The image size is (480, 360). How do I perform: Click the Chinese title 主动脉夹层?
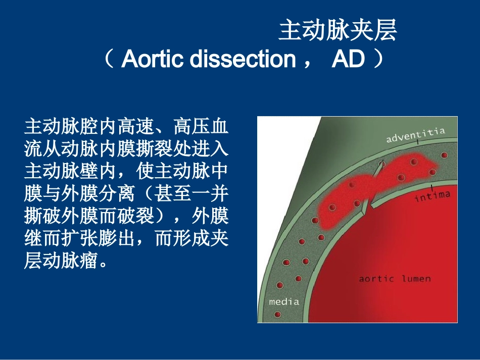(x=338, y=31)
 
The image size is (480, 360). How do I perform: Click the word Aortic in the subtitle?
(x=153, y=60)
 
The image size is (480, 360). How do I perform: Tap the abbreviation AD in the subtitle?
(x=348, y=60)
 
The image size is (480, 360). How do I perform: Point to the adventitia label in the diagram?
(x=415, y=135)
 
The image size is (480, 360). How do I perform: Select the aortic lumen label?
(x=395, y=279)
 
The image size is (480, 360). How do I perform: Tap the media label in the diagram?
(x=284, y=301)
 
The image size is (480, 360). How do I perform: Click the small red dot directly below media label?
(x=277, y=315)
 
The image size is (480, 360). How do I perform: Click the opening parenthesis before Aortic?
(x=109, y=60)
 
